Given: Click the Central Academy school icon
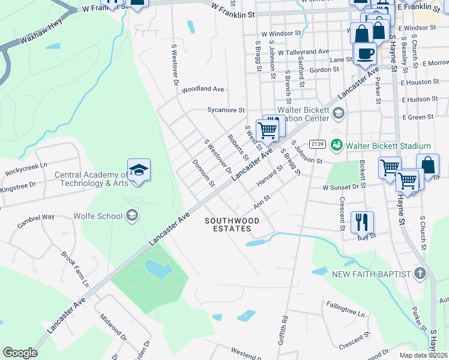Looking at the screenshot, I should (x=139, y=170).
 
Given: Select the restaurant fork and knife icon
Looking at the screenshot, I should (x=361, y=221).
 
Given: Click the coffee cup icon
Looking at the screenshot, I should (x=364, y=54).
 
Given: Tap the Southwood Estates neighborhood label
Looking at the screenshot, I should (x=232, y=225).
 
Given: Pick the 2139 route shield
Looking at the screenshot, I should (x=317, y=145).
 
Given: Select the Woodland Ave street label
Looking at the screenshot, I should (x=203, y=89).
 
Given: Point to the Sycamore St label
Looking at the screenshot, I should (x=226, y=110).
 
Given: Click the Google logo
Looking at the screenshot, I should (x=20, y=353).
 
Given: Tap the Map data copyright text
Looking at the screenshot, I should (x=423, y=355).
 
